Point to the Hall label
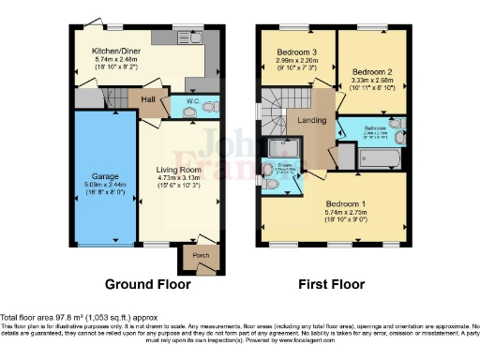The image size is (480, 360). [x=147, y=98]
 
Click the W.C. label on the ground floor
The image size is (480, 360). [x=192, y=100]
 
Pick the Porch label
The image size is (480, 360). [x=201, y=254]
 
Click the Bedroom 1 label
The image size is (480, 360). [x=348, y=204]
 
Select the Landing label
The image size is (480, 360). [x=311, y=120]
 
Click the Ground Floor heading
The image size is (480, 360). [x=147, y=283]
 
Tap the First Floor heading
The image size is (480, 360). [x=332, y=283]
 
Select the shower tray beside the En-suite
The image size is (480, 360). [x=282, y=148]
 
